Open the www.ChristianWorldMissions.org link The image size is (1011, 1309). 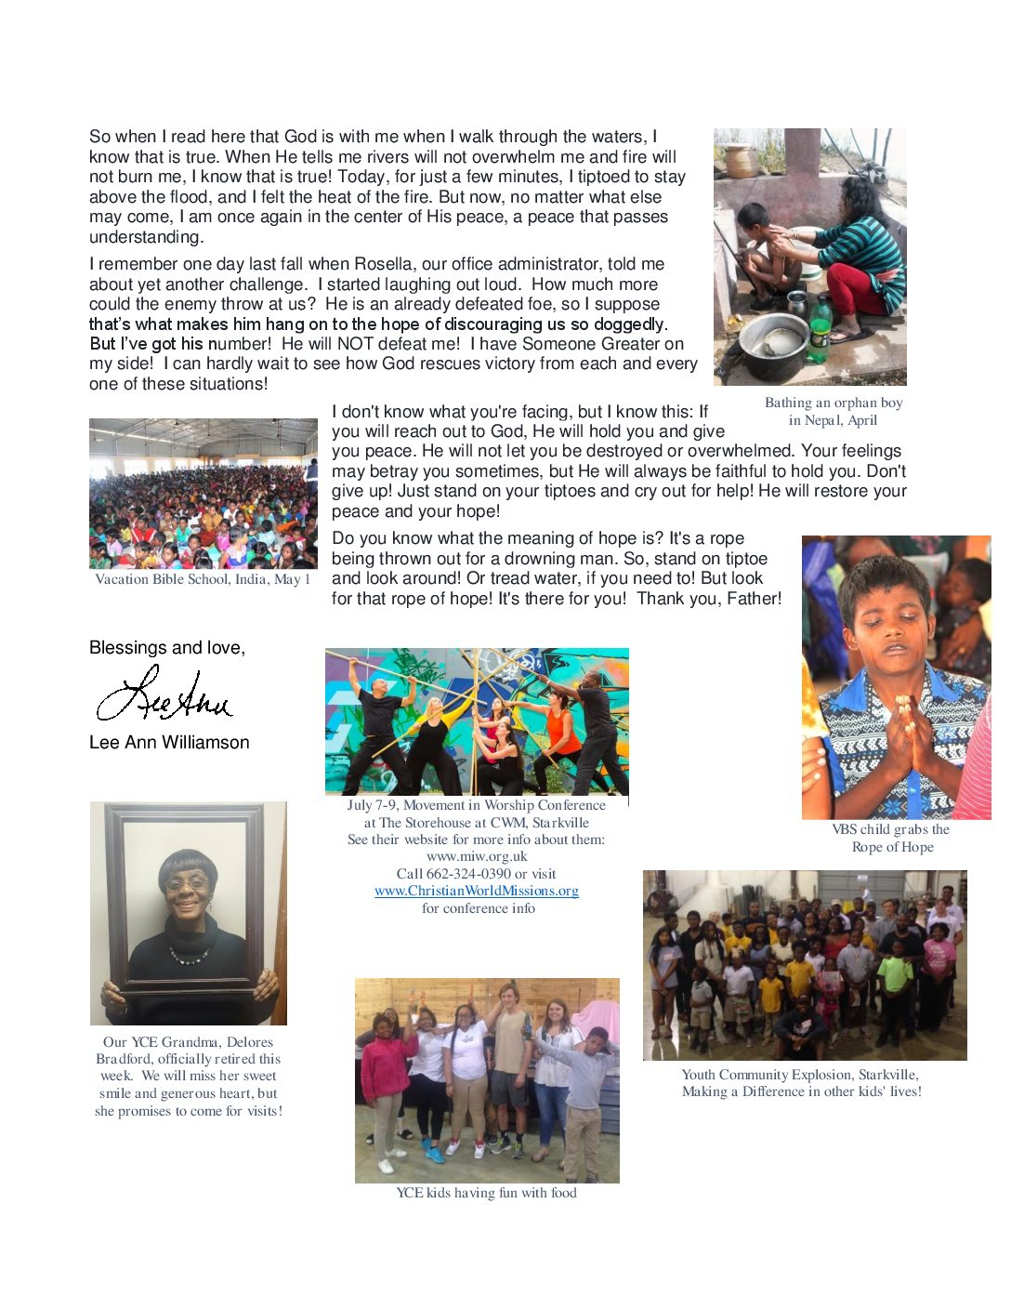coord(476,891)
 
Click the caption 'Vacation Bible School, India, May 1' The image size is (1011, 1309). coord(203,579)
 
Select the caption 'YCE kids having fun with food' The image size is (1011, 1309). coord(486,1193)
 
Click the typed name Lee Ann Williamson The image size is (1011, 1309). coord(169,743)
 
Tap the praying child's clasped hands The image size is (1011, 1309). coord(903,734)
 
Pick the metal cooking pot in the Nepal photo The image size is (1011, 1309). coord(773,337)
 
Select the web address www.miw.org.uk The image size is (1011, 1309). coord(477,856)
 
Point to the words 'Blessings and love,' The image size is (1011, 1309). coord(167,648)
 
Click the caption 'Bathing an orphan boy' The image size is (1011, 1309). coord(834,403)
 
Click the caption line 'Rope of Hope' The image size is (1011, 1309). coord(892,847)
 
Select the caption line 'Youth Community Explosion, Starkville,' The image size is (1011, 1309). coord(800,1075)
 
